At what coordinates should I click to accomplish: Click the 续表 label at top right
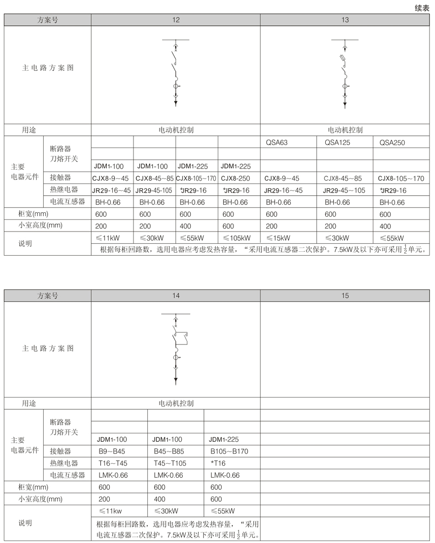coord(422,8)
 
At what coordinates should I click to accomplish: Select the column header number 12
coord(176,20)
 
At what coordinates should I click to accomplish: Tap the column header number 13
coord(345,20)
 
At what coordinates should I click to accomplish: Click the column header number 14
coord(176,296)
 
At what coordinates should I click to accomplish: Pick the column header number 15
coord(345,296)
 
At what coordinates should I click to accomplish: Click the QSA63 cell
coord(276,142)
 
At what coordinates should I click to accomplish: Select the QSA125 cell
coord(337,142)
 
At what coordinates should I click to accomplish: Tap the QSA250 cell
coord(392,142)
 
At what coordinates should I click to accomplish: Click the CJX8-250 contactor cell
coord(236,178)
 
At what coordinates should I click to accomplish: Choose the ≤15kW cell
coord(278,238)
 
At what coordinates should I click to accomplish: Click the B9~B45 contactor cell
coord(112,451)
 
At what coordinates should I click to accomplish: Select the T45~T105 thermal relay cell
coord(170,463)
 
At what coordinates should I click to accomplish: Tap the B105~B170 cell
coord(229,451)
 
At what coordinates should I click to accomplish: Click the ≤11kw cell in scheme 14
coord(110,511)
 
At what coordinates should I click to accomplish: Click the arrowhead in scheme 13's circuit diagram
coord(345,104)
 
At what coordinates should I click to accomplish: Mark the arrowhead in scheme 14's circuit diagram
coord(176,381)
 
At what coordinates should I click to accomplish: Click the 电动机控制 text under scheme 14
coord(176,403)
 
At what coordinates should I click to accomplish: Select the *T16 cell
coord(218,463)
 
